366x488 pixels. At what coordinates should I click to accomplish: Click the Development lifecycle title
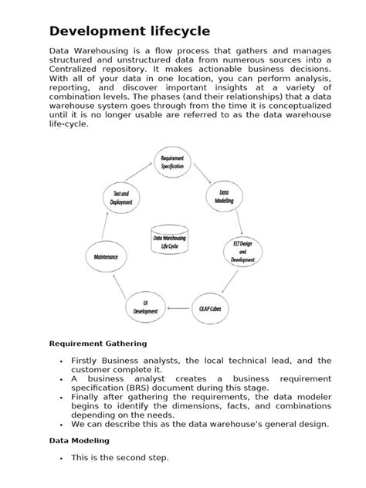129,31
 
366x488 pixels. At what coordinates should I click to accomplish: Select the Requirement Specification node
172,162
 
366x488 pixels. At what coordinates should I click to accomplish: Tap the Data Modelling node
224,197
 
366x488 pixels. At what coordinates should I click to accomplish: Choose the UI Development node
144,307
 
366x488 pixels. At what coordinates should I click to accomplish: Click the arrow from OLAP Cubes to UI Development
178,307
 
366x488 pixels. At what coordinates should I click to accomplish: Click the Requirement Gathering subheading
98,343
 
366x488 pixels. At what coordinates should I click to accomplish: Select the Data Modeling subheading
80,440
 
